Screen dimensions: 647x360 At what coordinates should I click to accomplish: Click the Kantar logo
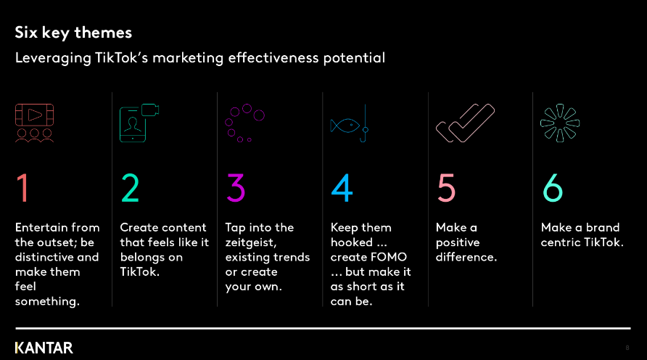click(44, 348)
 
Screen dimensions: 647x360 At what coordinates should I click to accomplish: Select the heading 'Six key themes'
click(73, 33)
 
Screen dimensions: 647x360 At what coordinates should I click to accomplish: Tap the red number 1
click(22, 188)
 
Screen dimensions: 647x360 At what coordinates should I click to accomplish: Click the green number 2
click(130, 188)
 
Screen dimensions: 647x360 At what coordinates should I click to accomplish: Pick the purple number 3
click(236, 188)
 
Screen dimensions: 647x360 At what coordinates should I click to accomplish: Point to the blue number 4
click(342, 188)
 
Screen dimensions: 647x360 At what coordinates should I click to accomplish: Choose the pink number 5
click(447, 188)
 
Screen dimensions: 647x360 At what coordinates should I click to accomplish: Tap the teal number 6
click(553, 188)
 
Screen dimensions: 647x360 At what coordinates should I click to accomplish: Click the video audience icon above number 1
click(34, 123)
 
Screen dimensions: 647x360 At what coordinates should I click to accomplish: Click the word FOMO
click(388, 257)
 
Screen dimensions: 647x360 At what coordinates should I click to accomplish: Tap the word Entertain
click(35, 227)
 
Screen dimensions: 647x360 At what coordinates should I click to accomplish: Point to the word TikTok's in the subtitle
click(121, 58)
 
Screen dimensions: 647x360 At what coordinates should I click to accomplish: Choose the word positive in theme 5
click(458, 242)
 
